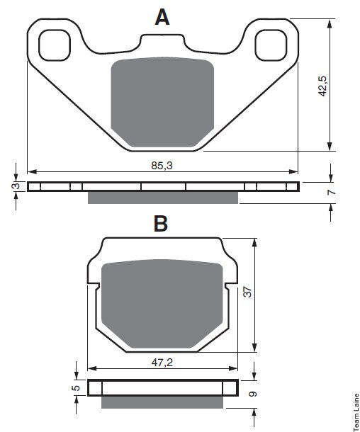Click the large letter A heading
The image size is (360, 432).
(162, 17)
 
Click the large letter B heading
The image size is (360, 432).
(160, 224)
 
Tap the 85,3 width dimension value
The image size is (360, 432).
(162, 165)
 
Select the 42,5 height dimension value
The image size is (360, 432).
(322, 86)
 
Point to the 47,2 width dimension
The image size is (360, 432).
(162, 363)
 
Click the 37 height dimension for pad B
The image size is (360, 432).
(247, 292)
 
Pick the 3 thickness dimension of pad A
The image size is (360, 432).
(16, 186)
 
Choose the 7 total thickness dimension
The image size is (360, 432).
(332, 192)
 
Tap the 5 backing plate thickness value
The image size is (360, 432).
(76, 388)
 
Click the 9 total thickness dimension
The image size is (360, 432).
(253, 394)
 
